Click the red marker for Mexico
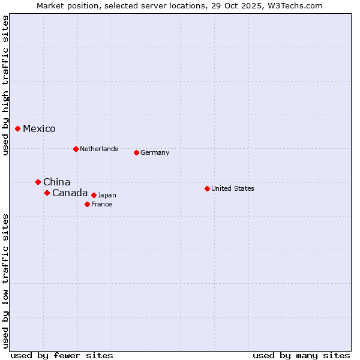point(18,128)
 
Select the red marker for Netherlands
point(76,149)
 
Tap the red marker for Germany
point(136,152)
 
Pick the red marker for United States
point(207,188)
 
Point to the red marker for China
point(38,182)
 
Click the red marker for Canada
point(47,193)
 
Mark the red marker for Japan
point(94,195)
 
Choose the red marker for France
point(87,204)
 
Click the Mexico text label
point(39,128)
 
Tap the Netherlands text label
point(98,149)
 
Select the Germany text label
point(155,152)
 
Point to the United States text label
point(232,188)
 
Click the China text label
point(56,182)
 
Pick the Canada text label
point(70,193)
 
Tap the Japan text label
point(107,195)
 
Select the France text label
point(101,204)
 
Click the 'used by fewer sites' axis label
point(62,355)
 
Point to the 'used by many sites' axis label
point(301,355)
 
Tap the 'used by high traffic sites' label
point(5,85)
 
